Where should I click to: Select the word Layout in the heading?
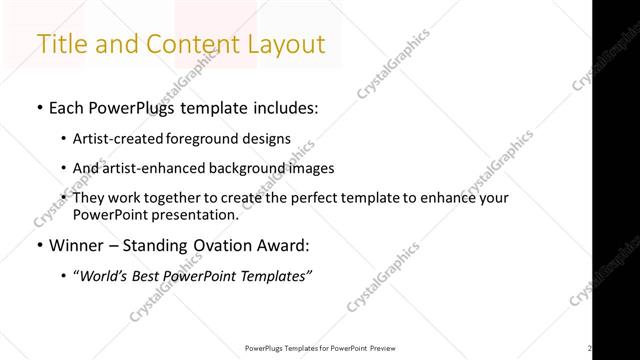point(284,44)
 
